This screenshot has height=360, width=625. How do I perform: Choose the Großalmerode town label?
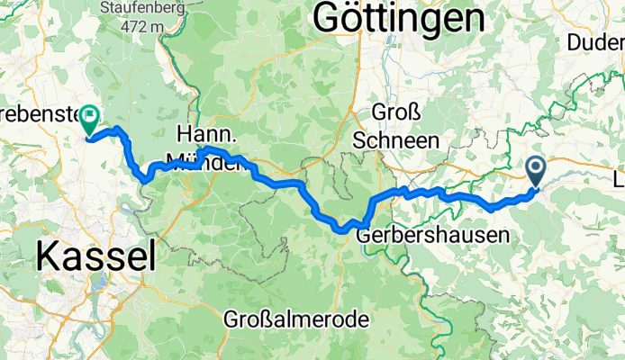tap(297, 319)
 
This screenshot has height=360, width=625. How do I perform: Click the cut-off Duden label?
tap(597, 42)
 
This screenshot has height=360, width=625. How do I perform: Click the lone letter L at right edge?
tap(618, 175)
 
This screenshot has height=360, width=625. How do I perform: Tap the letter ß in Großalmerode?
tap(263, 319)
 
